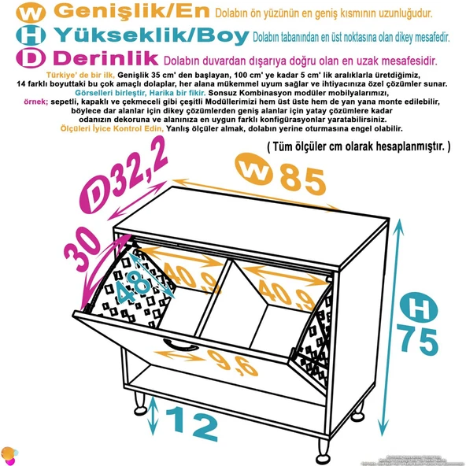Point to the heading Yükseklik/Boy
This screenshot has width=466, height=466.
coord(151,35)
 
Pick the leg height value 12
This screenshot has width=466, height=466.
coord(192,425)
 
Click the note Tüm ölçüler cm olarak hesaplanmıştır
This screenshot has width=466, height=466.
coord(358,146)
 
